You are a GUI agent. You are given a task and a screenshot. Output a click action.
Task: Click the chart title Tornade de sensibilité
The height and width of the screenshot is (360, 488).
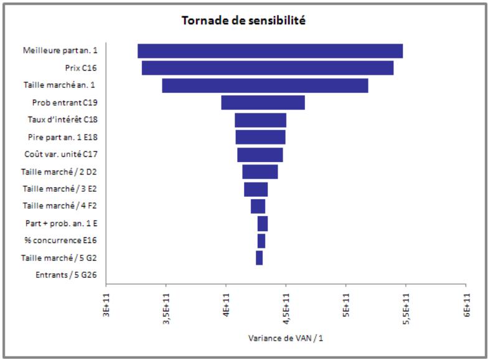pyautogui.click(x=243, y=21)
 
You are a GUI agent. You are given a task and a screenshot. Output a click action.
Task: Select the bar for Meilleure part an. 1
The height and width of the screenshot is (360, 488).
pyautogui.click(x=270, y=51)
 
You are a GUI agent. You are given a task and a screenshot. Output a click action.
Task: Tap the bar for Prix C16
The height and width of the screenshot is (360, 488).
pyautogui.click(x=267, y=68)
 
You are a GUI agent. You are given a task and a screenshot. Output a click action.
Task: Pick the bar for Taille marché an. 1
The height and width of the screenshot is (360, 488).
pyautogui.click(x=265, y=85)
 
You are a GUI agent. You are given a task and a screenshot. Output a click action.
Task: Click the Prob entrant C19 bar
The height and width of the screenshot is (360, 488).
pyautogui.click(x=263, y=103)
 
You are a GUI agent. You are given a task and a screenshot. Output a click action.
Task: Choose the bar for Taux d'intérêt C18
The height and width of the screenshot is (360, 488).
pyautogui.click(x=260, y=120)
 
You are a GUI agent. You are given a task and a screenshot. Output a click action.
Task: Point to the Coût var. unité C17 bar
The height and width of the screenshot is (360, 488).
pyautogui.click(x=260, y=154)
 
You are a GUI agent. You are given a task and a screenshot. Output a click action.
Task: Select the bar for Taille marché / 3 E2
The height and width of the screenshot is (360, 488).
pyautogui.click(x=255, y=189)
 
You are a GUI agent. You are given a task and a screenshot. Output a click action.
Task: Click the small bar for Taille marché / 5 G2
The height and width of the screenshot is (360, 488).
pyautogui.click(x=259, y=258)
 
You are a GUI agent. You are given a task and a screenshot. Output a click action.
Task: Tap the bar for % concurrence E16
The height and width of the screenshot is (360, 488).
pyautogui.click(x=261, y=241)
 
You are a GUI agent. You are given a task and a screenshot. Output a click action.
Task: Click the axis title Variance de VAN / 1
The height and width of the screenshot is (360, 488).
pyautogui.click(x=286, y=338)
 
